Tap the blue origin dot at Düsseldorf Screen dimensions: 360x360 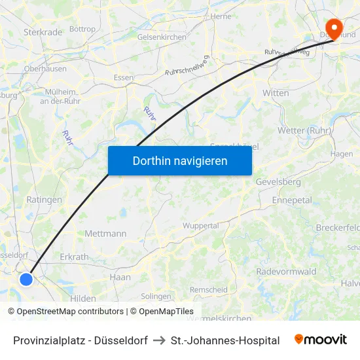coord(26,279)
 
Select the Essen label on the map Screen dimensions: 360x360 coord(123,77)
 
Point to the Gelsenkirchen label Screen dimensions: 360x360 coord(162,37)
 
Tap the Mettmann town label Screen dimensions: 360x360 coord(105,233)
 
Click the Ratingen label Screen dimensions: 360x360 coord(44,200)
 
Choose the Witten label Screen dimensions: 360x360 coord(276,93)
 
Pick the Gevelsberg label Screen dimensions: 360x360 coord(278,181)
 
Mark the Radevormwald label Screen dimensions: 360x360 coord(286,271)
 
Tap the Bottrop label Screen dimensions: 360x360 coord(82,29)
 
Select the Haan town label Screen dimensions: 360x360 coord(120,277)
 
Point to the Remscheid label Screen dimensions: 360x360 coord(209,289)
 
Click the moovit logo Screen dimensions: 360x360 coord(321,340)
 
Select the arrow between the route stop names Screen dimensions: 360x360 coord(159,340)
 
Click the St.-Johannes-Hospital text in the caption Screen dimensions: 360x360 coord(225,340)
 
